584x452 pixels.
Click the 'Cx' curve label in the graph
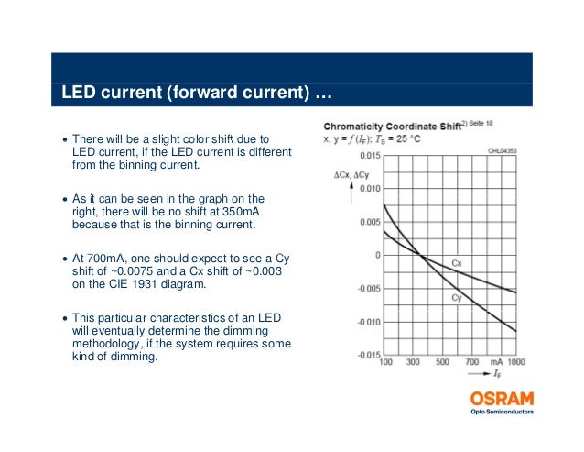(457, 263)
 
